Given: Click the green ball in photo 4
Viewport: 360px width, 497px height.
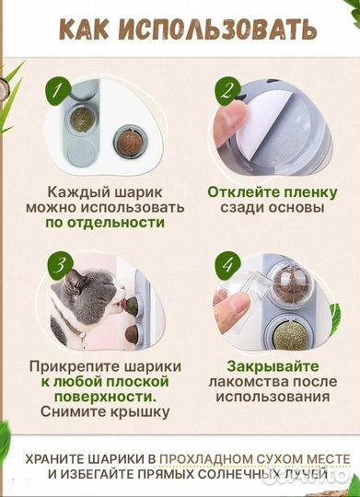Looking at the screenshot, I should click(299, 330).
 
